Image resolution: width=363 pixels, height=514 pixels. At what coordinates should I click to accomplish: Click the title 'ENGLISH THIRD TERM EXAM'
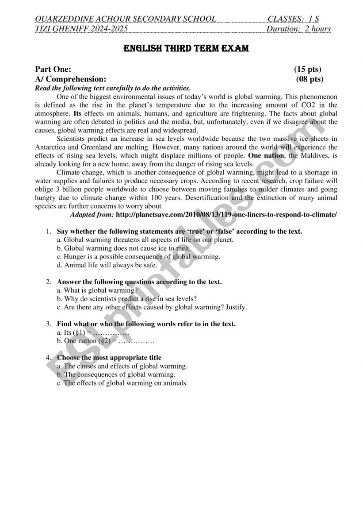coord(186,48)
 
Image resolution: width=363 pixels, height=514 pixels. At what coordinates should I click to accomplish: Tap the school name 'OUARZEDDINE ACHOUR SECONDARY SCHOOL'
coord(125,19)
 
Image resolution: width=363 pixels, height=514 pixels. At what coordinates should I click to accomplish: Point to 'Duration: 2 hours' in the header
coord(298,29)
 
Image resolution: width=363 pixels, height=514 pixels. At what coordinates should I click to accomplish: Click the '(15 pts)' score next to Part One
coord(308,69)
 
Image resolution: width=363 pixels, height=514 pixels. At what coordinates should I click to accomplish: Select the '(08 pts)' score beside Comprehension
coord(310,79)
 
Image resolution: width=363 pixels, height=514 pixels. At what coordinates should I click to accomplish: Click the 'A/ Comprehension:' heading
coord(71,79)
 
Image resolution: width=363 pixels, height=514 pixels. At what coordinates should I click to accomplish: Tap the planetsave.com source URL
coord(226,214)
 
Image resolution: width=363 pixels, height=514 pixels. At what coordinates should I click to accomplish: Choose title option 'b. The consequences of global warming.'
coord(113,375)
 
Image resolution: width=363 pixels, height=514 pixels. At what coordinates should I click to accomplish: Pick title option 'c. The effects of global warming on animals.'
coord(122,383)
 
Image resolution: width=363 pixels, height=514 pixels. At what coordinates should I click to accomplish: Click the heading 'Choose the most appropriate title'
coord(109,358)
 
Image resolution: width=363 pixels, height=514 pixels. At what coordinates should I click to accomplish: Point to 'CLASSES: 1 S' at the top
coord(293,19)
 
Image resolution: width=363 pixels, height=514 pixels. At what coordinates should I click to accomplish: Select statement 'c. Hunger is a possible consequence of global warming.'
coord(138,257)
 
